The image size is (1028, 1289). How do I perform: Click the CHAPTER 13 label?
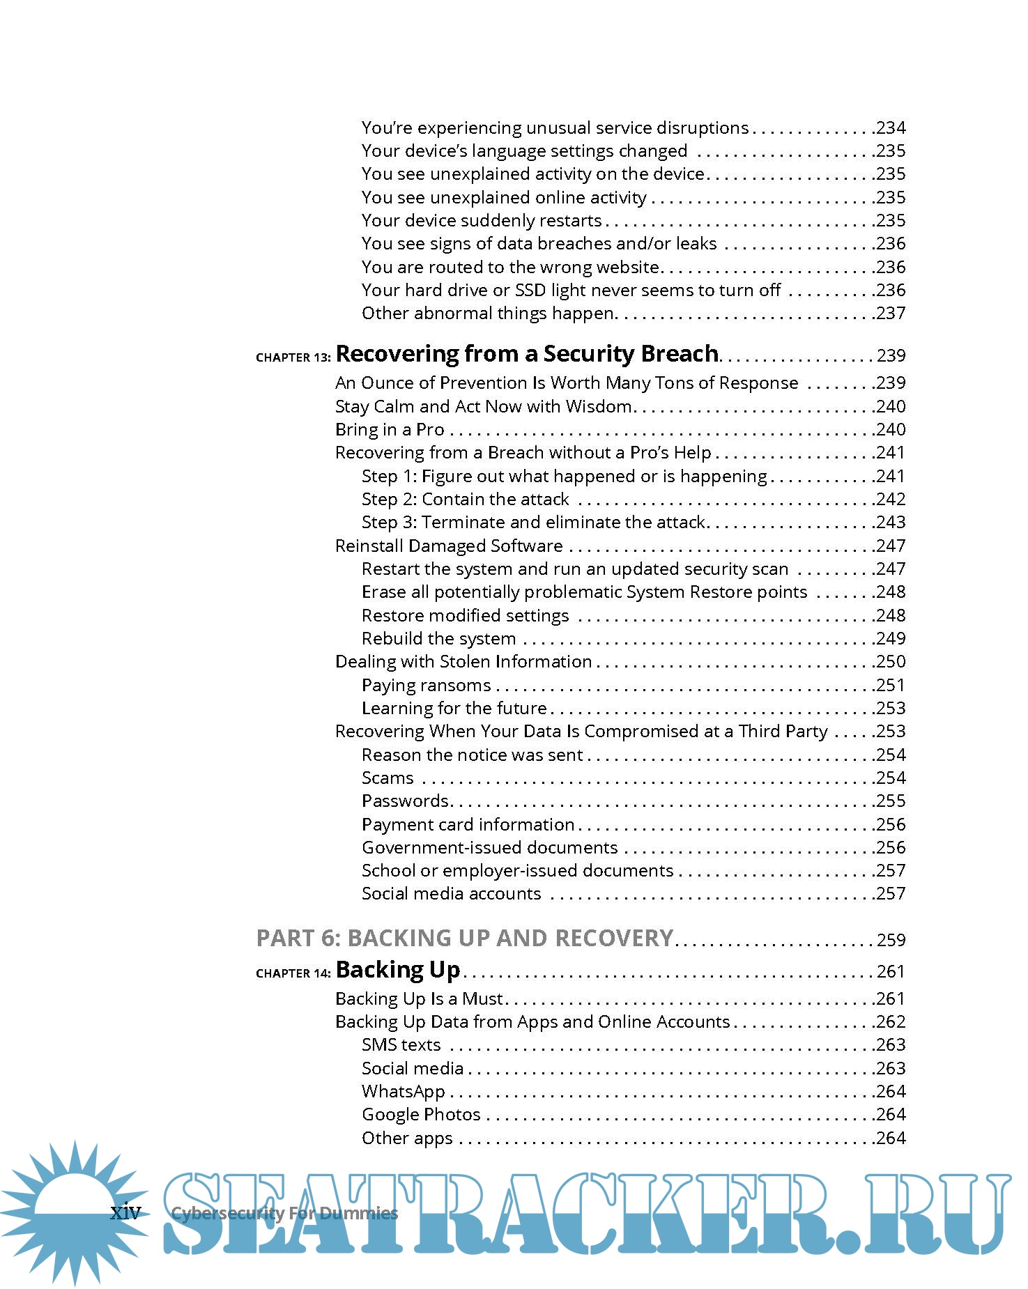293,357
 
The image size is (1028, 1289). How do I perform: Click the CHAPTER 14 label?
293,973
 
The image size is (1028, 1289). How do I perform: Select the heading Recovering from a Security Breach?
527,354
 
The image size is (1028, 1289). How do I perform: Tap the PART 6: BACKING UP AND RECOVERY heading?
465,938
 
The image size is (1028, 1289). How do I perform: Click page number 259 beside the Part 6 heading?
891,940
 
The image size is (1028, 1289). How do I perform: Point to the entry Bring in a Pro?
390,429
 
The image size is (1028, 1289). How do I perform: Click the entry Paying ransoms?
426,685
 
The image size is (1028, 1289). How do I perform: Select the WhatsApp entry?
403,1091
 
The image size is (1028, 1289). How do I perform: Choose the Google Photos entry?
421,1114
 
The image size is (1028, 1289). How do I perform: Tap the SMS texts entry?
401,1044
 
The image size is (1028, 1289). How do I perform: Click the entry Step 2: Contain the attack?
465,499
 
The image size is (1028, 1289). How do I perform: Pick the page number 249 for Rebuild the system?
891,638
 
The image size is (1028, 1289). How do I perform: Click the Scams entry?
388,778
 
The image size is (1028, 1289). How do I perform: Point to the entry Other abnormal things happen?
487,313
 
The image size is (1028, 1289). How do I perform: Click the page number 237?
891,313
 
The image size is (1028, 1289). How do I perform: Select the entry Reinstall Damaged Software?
449,546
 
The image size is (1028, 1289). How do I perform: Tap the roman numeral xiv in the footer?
125,1213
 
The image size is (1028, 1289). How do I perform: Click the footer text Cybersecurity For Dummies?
284,1213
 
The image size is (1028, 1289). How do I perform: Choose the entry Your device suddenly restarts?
481,220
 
